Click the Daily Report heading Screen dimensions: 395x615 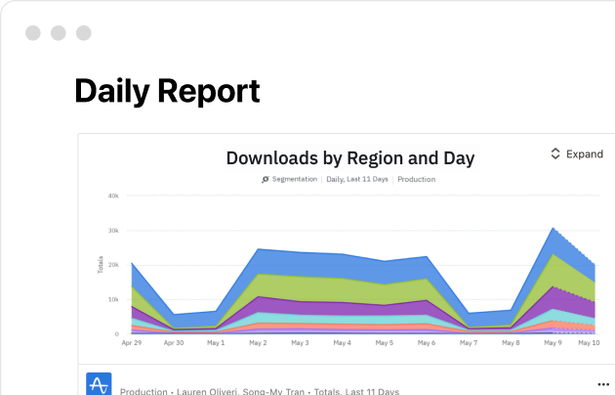(x=167, y=91)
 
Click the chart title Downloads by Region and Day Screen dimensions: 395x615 (x=350, y=157)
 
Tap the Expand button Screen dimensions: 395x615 (x=577, y=154)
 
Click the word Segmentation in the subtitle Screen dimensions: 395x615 (x=294, y=180)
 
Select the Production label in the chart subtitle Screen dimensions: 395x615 (x=417, y=180)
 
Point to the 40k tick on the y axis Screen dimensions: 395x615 (x=113, y=196)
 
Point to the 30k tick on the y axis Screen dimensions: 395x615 (x=113, y=231)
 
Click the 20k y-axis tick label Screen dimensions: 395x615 (x=113, y=265)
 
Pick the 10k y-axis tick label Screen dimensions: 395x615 (x=113, y=299)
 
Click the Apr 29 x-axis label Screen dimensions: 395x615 (x=131, y=343)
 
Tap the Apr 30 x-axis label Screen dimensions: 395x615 (x=173, y=343)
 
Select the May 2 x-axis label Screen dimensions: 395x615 (x=258, y=343)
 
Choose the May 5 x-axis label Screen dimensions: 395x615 (x=386, y=343)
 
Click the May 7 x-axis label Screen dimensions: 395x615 (x=470, y=343)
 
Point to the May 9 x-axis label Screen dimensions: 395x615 (x=553, y=343)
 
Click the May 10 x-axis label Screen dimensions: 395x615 (x=588, y=343)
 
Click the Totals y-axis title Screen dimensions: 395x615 (x=101, y=265)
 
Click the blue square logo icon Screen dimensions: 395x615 (x=99, y=384)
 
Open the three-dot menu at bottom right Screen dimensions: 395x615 (x=602, y=384)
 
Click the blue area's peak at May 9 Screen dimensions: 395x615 (x=553, y=229)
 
